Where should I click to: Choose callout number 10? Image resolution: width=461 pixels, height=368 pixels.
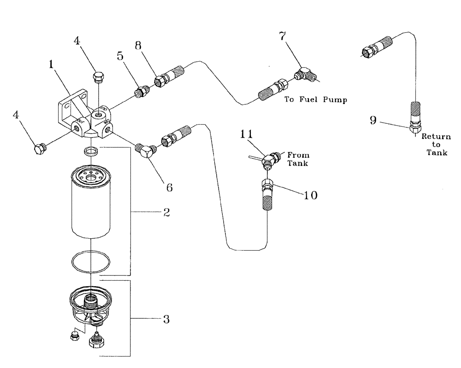tap(311, 195)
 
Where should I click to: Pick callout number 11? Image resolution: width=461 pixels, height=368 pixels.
tap(247, 134)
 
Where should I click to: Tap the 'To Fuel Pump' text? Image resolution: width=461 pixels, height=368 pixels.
tap(316, 99)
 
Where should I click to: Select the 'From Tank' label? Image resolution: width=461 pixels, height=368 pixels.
tap(297, 159)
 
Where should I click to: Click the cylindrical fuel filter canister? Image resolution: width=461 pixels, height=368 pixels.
tap(91, 202)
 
